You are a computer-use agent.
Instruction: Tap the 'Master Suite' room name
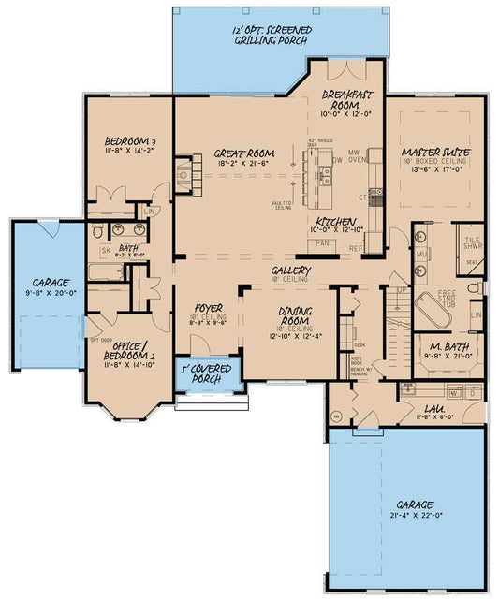coord(435,152)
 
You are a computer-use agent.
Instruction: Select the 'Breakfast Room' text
coord(347,95)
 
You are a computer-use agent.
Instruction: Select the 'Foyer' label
coord(206,308)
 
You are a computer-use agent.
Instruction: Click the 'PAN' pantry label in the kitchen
coord(323,242)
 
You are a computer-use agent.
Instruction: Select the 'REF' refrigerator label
coord(357,249)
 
